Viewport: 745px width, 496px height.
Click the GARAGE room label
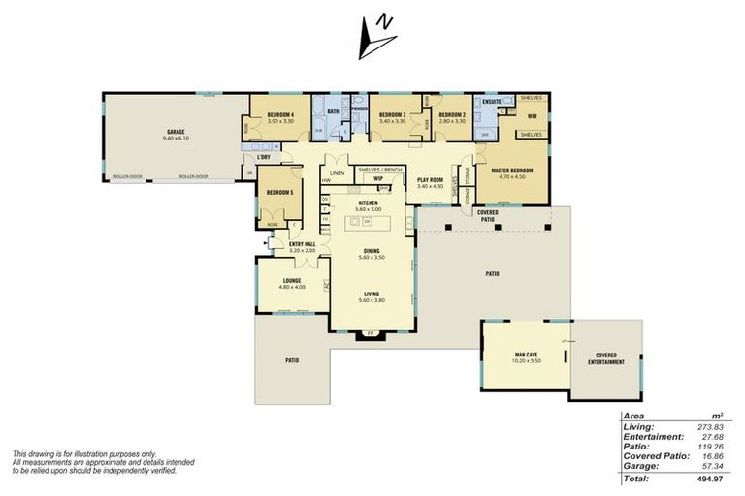coord(176,131)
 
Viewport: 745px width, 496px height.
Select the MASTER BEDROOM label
coord(511,171)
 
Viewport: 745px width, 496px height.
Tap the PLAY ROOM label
coord(430,179)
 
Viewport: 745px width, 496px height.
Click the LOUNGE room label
coord(292,281)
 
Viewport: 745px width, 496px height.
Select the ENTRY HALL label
coord(304,244)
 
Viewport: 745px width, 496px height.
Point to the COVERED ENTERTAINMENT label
coord(605,358)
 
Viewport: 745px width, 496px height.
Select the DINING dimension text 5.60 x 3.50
coord(372,258)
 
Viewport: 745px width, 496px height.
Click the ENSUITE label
coord(491,100)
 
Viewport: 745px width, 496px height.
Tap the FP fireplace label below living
coord(370,334)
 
